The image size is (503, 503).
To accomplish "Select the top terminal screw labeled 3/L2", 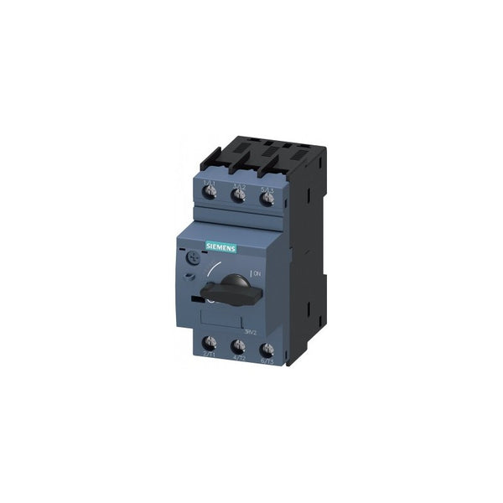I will (x=240, y=196).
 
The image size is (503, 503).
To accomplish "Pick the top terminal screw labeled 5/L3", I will (x=267, y=199).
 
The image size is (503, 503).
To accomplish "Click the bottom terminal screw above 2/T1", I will (x=209, y=342).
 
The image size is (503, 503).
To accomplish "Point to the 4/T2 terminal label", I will (x=238, y=359).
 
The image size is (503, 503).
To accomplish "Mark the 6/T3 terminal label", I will (x=267, y=361).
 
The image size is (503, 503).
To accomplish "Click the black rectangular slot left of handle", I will (x=197, y=298).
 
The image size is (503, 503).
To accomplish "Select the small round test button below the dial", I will (x=192, y=277).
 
